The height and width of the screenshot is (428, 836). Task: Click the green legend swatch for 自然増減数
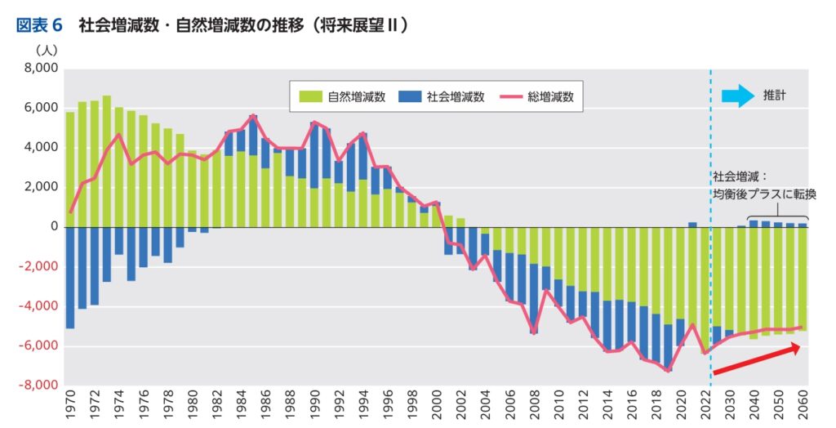pyautogui.click(x=309, y=96)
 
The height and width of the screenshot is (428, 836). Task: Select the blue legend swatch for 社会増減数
pyautogui.click(x=411, y=96)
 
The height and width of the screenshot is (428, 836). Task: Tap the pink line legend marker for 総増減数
pyautogui.click(x=514, y=96)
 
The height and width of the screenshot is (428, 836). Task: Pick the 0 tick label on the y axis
pyautogui.click(x=53, y=227)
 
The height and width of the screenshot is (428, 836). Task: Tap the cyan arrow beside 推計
pyautogui.click(x=738, y=96)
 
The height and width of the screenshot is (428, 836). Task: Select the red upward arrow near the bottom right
pyautogui.click(x=756, y=359)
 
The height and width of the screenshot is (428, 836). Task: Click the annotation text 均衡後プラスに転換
pyautogui.click(x=764, y=194)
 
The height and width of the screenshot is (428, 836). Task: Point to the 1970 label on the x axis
pyautogui.click(x=70, y=405)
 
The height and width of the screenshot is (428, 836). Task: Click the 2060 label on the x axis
pyautogui.click(x=803, y=405)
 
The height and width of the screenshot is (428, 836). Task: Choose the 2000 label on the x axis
pyautogui.click(x=436, y=405)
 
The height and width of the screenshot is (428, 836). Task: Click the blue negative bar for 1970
pyautogui.click(x=70, y=278)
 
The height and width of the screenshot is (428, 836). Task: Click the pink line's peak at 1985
pyautogui.click(x=253, y=116)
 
